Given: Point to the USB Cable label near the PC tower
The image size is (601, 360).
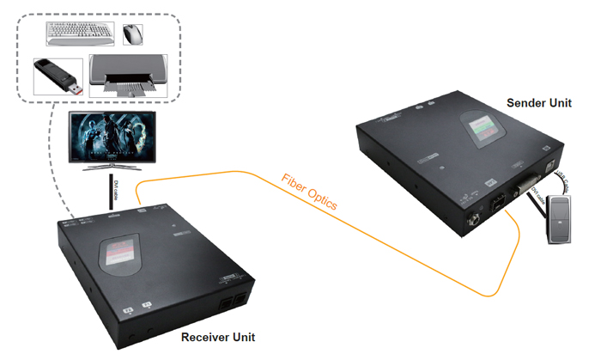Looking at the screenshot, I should point(562,178).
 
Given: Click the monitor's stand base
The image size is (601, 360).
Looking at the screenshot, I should point(112,168).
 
